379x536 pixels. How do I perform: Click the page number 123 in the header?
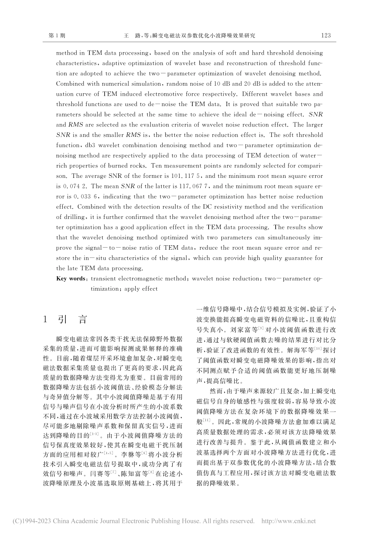pos(326,35)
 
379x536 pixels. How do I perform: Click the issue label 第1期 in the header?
pos(57,35)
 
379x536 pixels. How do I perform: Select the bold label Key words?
pos(71,279)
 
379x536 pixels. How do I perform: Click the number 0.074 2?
pos(75,186)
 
